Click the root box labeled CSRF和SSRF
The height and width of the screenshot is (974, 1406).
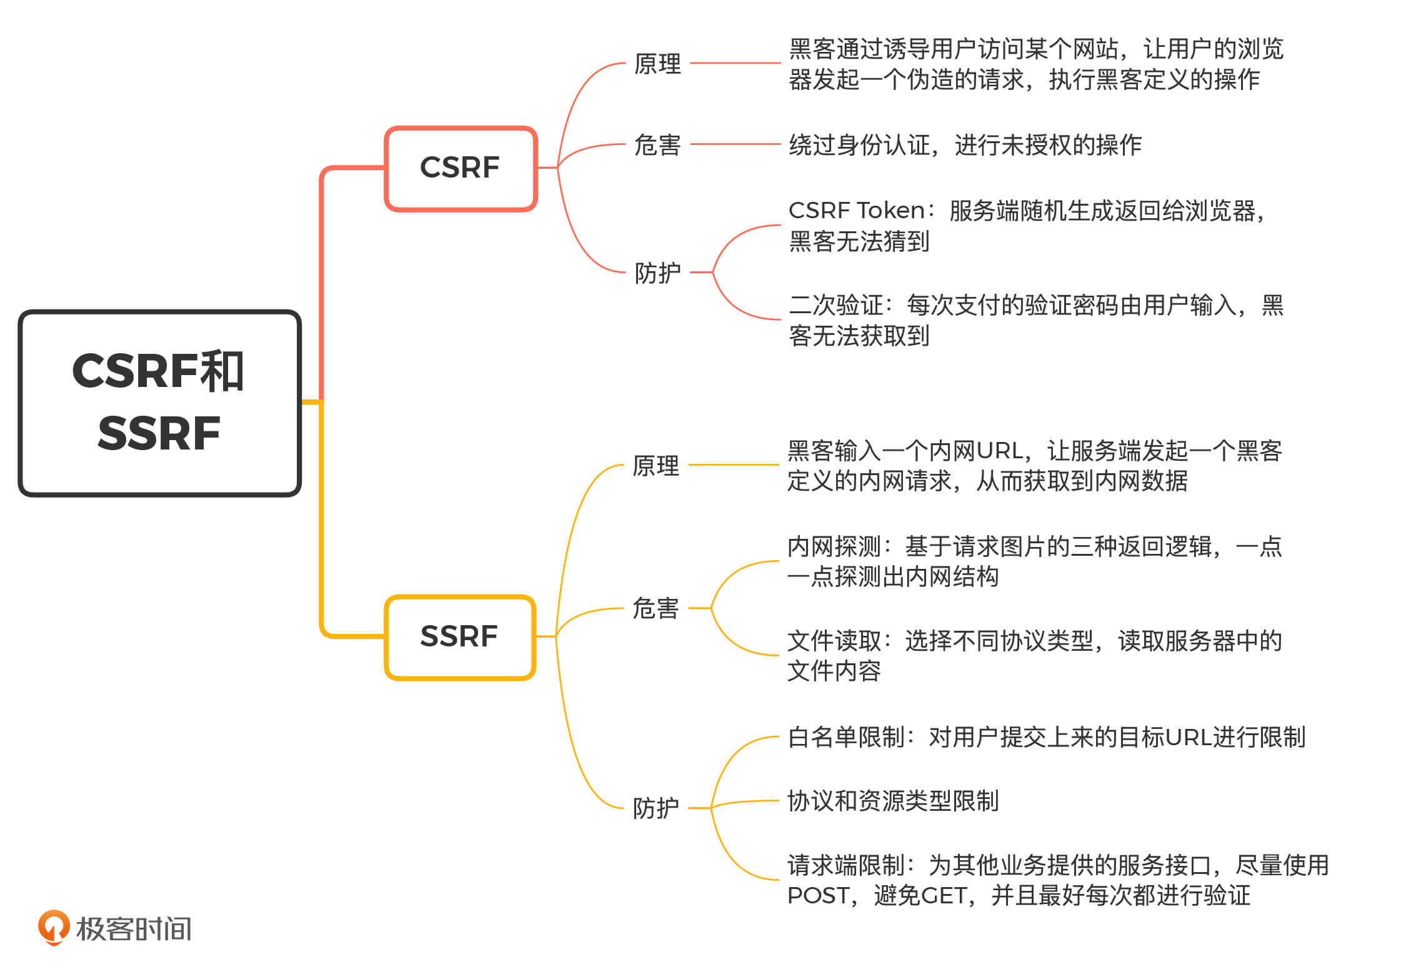(159, 403)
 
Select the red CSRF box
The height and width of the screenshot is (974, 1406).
(461, 168)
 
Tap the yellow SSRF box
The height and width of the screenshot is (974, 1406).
(460, 637)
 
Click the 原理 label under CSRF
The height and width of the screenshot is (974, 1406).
(657, 64)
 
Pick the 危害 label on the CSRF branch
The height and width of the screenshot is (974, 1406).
(657, 145)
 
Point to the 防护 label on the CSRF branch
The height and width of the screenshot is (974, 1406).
(657, 273)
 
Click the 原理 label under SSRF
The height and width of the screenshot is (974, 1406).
(656, 466)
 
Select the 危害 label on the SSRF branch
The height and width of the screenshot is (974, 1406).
(656, 608)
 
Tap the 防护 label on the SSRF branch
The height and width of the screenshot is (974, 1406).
(656, 808)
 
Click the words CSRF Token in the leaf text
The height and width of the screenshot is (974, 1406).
(856, 211)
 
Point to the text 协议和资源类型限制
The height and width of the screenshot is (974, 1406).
(892, 801)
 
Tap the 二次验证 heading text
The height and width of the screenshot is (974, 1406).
(835, 305)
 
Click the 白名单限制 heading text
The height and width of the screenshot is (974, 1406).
(846, 737)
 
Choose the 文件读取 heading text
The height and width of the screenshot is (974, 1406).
(834, 641)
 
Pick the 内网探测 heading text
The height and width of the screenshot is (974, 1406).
(834, 546)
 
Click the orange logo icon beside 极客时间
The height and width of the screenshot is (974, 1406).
(54, 927)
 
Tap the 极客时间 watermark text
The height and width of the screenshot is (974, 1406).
(134, 929)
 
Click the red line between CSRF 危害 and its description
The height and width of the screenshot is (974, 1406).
(735, 144)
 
